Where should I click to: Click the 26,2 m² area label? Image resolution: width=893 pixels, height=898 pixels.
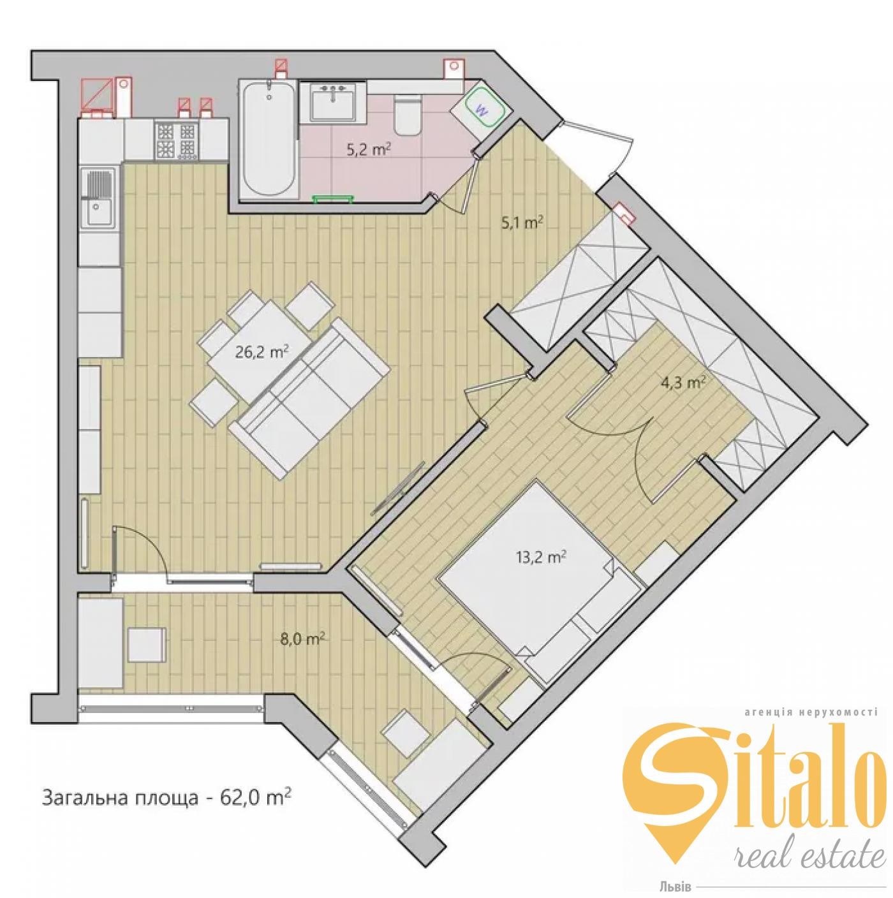[260, 351]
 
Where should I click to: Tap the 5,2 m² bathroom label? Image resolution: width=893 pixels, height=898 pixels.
[369, 151]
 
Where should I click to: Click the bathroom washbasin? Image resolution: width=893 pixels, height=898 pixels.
[333, 101]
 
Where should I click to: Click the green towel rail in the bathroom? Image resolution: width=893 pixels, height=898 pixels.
[332, 198]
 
